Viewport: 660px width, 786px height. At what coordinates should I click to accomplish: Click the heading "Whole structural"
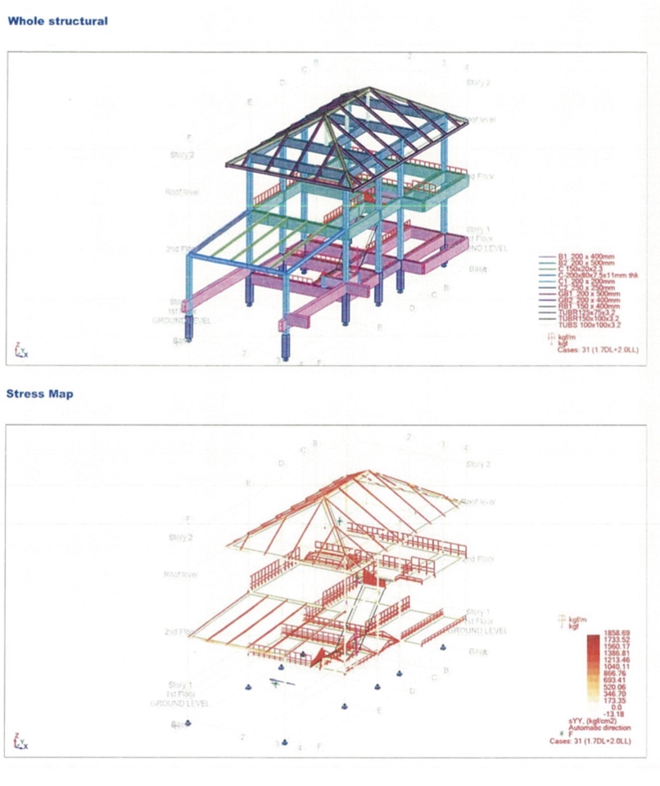(57, 20)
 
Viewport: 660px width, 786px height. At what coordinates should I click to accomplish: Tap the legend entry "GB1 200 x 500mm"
(586, 293)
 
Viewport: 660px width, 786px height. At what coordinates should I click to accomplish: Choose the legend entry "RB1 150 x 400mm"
(586, 305)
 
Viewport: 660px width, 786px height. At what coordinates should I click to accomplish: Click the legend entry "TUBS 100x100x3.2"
(590, 324)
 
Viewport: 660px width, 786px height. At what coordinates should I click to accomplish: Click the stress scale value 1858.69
(613, 633)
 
